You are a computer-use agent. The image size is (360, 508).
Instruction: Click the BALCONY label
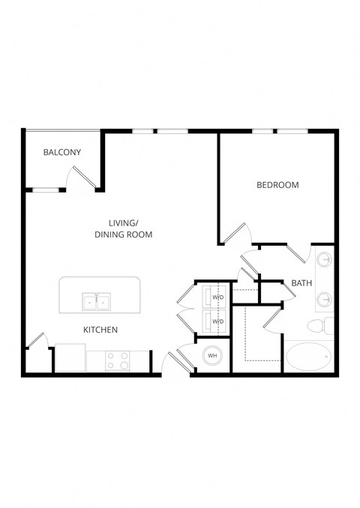[x=62, y=152]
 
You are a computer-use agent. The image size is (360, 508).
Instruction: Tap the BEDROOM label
[x=277, y=185]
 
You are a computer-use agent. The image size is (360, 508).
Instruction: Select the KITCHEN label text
[x=100, y=330]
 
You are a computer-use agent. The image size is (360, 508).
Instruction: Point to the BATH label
[x=301, y=283]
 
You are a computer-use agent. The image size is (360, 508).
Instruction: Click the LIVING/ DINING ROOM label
[x=124, y=229]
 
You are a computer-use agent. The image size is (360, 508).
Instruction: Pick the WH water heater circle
[x=212, y=355]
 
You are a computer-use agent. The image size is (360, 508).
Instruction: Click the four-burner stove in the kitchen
[x=118, y=361]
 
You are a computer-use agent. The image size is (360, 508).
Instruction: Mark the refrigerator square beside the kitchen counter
[x=70, y=357]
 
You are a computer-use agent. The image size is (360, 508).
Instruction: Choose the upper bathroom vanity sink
[x=325, y=261]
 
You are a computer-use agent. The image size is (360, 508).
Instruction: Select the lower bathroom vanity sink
[x=325, y=300]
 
